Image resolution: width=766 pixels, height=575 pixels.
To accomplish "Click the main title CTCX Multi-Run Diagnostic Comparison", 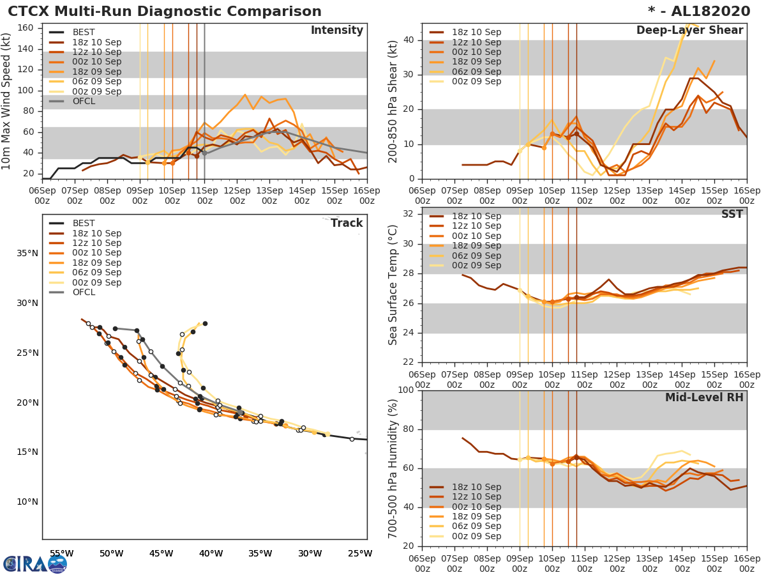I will coord(165,11).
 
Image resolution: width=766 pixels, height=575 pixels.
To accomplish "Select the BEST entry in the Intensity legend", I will coord(84,33).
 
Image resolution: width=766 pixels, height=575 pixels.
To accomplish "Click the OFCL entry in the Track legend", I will coord(84,293).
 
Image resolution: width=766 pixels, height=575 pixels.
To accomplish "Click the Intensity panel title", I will coord(336,31).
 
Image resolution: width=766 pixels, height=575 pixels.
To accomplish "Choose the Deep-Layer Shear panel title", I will coord(689,31).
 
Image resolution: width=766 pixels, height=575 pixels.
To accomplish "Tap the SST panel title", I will coord(732,215).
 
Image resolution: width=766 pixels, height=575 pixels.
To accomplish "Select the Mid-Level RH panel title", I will coord(704,398).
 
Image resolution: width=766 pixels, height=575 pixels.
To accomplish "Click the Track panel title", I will coord(347,224).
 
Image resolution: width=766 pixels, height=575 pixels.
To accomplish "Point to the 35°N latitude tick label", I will coord(27,254).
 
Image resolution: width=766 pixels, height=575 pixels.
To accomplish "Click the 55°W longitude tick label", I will coord(61,553).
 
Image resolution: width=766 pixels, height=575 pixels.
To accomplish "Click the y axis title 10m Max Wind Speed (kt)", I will coord(7,102).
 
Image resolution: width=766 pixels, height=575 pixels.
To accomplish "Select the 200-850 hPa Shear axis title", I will coord(393,102).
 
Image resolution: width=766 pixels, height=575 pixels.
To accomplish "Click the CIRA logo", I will coord(34,563).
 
